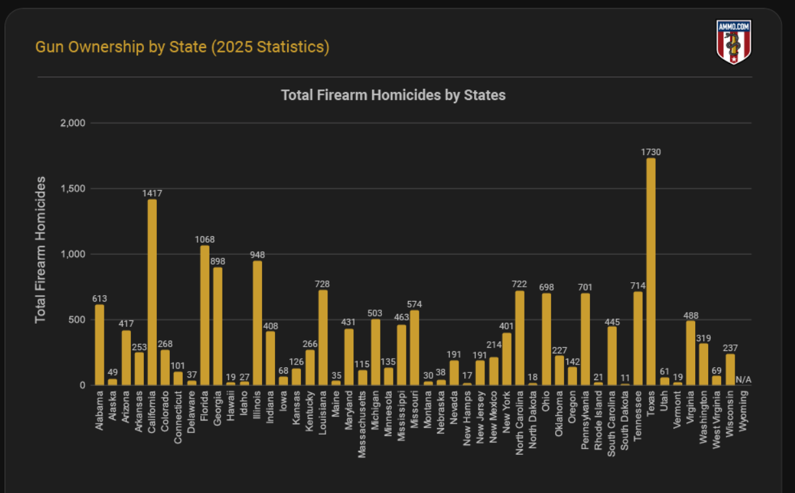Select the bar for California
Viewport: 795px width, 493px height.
point(152,292)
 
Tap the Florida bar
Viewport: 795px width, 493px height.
point(204,315)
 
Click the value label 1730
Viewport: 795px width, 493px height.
point(651,152)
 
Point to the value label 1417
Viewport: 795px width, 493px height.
point(152,193)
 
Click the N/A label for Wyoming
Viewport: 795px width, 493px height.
point(743,379)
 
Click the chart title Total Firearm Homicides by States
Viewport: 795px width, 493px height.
point(393,95)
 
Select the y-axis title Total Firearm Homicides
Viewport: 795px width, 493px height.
point(41,249)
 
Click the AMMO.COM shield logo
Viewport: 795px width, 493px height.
point(733,42)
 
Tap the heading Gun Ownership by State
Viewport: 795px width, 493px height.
point(182,47)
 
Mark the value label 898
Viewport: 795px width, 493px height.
point(218,261)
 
